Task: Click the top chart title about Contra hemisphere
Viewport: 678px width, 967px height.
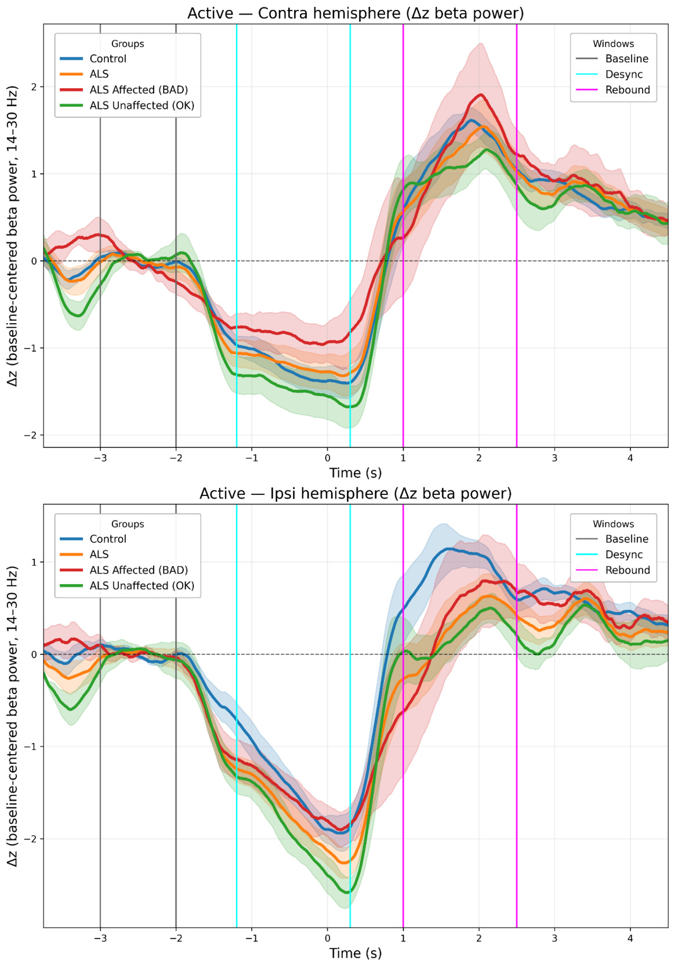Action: [x=356, y=13]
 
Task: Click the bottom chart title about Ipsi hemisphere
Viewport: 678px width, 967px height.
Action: [x=356, y=494]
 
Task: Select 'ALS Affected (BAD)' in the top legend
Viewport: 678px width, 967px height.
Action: [x=138, y=90]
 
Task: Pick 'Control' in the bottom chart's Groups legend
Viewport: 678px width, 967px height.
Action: [x=107, y=539]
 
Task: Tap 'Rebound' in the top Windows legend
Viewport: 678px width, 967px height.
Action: [x=627, y=90]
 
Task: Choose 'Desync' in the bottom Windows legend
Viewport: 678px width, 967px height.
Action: [x=623, y=555]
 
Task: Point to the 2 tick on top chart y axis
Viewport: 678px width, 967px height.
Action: [x=34, y=87]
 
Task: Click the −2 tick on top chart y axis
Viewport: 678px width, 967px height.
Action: [x=31, y=436]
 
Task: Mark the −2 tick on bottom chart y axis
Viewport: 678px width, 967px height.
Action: [x=31, y=839]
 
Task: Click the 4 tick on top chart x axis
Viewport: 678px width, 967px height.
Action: [x=630, y=458]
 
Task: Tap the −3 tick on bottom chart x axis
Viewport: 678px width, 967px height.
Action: [x=100, y=939]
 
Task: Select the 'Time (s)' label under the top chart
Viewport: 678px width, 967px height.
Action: [x=356, y=473]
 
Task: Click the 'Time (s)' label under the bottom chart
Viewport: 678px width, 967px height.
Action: [x=356, y=953]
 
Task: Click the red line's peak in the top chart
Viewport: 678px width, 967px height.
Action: [x=480, y=95]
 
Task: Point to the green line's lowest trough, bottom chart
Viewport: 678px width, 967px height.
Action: [x=347, y=892]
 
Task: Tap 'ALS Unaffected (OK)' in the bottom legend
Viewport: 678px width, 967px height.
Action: [x=142, y=586]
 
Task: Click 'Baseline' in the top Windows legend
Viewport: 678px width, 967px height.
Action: [x=626, y=59]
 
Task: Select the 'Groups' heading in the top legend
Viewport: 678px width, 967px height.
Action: [x=128, y=44]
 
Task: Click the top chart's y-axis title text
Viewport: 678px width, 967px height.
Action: [x=13, y=236]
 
